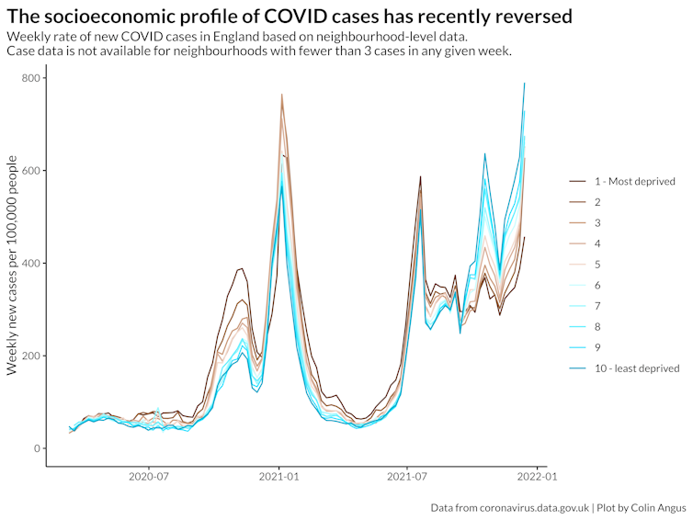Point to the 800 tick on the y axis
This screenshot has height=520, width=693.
click(x=30, y=78)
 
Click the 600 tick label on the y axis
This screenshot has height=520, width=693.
click(x=30, y=171)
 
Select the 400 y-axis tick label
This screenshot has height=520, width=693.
click(x=30, y=264)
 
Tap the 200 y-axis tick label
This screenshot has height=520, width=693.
click(x=30, y=356)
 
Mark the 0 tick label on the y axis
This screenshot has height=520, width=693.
click(x=37, y=448)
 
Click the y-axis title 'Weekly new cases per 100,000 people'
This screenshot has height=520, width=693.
click(x=12, y=265)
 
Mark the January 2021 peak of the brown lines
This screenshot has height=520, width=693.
click(x=281, y=95)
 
